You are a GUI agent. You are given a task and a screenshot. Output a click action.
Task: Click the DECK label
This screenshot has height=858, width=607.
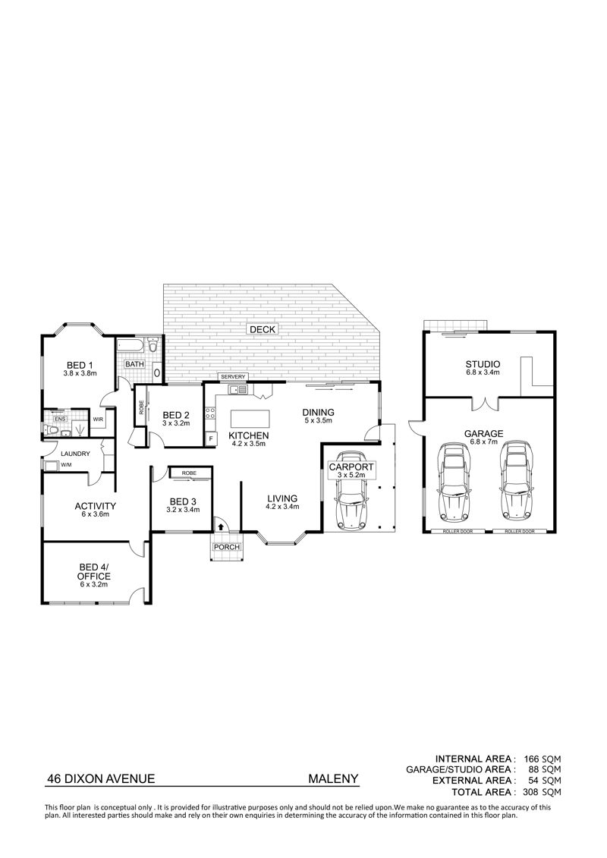[x=263, y=329]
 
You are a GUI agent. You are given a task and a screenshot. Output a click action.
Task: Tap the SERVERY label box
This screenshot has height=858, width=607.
[x=233, y=377]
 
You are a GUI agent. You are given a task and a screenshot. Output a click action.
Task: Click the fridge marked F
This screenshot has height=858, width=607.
[x=210, y=438]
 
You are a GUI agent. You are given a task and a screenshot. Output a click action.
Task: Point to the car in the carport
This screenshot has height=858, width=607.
[x=351, y=490]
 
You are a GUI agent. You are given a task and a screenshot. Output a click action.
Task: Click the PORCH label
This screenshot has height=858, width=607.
[x=227, y=547]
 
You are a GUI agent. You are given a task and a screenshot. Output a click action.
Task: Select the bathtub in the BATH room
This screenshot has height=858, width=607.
[x=131, y=347]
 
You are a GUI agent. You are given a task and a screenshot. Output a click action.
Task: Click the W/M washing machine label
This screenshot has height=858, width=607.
[x=66, y=465]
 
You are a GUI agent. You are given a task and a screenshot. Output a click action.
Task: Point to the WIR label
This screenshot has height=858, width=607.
[x=99, y=420]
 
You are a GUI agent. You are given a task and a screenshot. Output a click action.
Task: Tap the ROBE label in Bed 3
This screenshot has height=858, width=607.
[x=190, y=473]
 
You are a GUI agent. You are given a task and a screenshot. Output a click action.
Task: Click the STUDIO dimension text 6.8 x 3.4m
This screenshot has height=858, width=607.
[x=483, y=372]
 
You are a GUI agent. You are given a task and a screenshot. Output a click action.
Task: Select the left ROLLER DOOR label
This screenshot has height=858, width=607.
[x=458, y=531]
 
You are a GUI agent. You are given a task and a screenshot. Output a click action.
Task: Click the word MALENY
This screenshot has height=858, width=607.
[x=333, y=778]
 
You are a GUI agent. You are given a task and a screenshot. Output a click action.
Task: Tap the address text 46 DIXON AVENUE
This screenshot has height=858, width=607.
[x=101, y=778]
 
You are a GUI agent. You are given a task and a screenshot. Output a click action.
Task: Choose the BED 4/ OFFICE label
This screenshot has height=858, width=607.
[x=93, y=572]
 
